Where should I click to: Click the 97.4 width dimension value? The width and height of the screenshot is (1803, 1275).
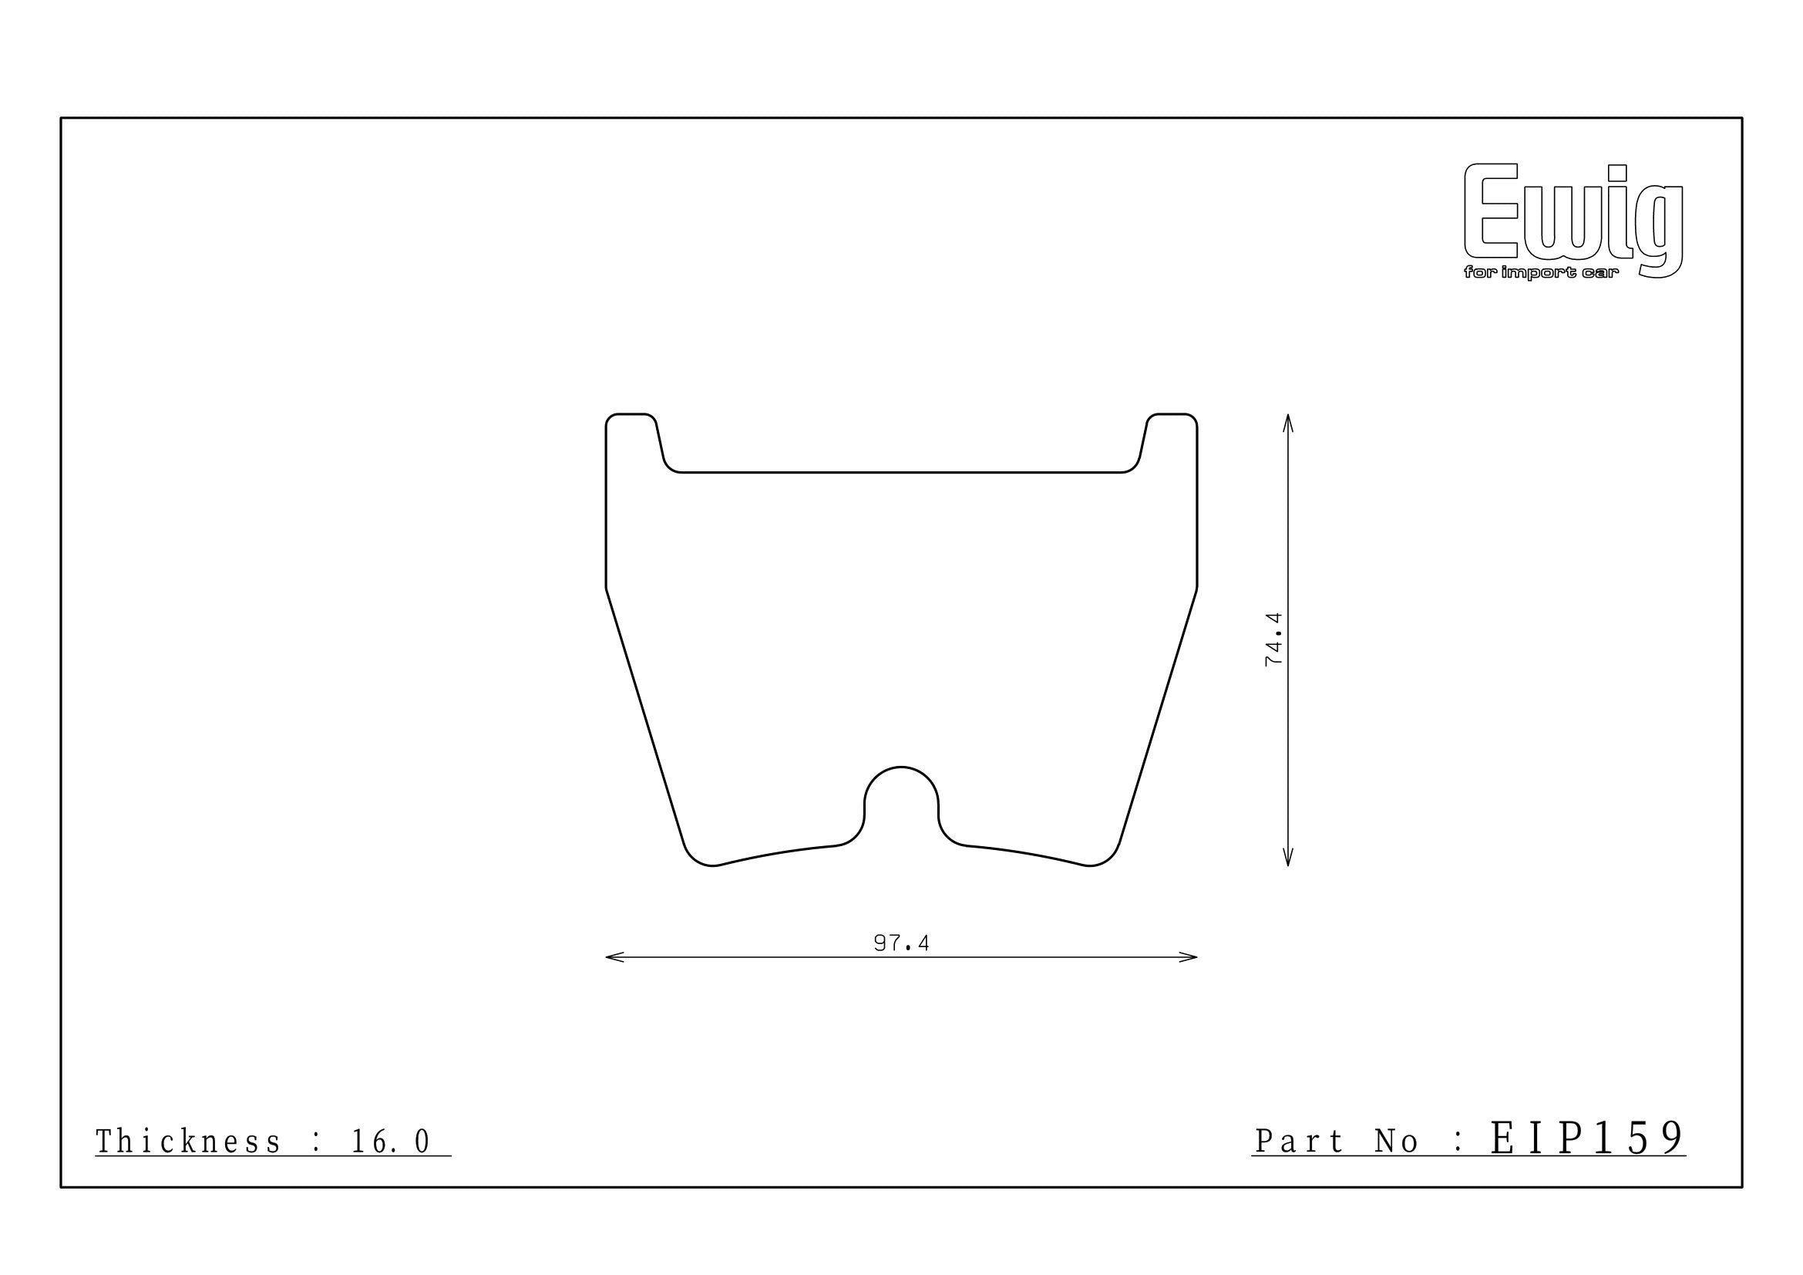point(902,943)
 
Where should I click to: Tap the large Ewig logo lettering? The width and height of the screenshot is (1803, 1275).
point(1573,220)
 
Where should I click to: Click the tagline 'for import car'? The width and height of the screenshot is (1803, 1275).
point(1542,273)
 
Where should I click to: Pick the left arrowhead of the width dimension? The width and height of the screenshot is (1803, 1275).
point(614,957)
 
